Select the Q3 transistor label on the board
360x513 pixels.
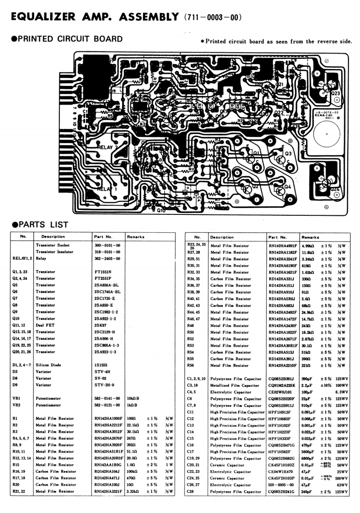click(x=288, y=154)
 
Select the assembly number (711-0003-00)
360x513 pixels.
click(x=211, y=18)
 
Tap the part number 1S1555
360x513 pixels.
click(x=101, y=365)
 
